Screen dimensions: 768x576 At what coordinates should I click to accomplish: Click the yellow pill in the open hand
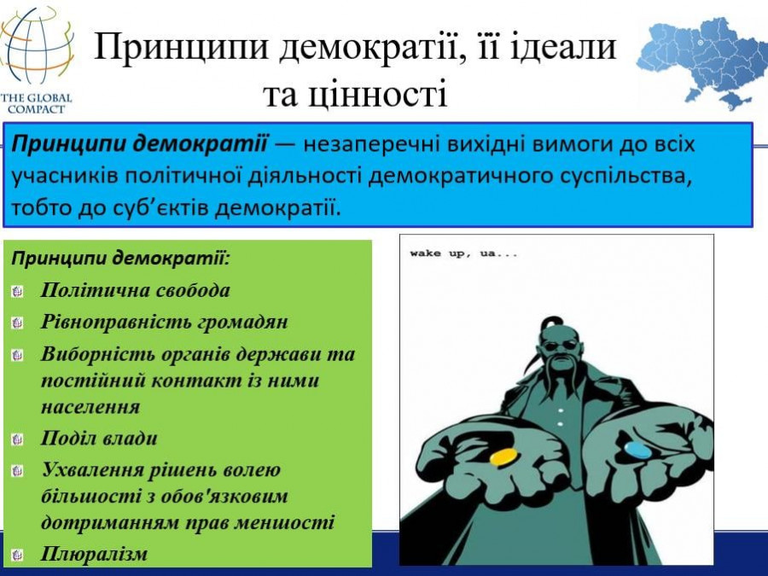[503, 457]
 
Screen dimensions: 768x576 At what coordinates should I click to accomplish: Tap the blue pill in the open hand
[637, 450]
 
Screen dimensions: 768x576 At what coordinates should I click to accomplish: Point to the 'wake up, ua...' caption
[463, 253]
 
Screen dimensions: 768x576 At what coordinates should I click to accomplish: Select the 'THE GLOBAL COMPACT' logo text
[36, 103]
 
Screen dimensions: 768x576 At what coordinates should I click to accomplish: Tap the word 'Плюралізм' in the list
[94, 554]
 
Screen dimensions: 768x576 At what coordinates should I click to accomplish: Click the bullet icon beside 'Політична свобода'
[17, 292]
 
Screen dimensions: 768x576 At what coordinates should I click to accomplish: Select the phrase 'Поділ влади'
[99, 438]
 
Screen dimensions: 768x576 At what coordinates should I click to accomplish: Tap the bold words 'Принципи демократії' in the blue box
[139, 145]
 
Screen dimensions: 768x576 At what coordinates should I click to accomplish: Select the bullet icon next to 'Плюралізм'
[17, 555]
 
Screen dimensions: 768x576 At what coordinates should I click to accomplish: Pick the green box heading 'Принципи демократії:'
[120, 258]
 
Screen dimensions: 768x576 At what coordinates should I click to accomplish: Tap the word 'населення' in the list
[90, 406]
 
